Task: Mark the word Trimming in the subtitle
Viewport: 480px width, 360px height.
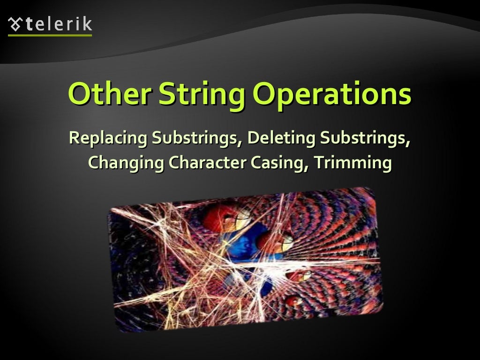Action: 352,163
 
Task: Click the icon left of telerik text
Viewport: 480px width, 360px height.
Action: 15,23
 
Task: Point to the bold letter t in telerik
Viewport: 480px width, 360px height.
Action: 29,23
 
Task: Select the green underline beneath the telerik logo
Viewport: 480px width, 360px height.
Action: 50,35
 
